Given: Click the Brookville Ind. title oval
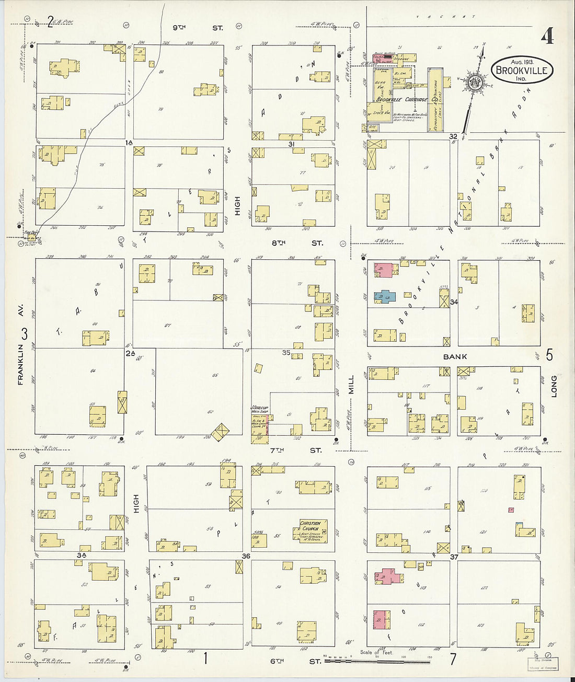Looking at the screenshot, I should click(522, 71).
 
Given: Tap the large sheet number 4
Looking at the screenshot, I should click(547, 37).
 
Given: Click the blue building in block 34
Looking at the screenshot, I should click(384, 296).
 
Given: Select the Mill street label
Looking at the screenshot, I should click(351, 384).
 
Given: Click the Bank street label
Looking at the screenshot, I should click(455, 357).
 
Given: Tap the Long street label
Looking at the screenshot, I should click(554, 386).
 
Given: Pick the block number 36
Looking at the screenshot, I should click(246, 556).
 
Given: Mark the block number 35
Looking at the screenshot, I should click(286, 353).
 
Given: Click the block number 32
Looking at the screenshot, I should click(453, 136).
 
